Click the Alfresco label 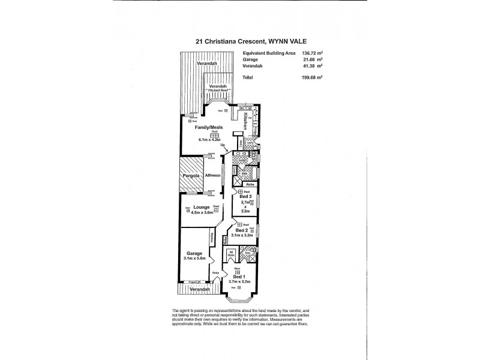213,175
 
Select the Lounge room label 201,206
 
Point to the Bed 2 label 241,230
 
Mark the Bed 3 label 244,197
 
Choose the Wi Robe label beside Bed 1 231,253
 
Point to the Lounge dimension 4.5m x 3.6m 202,211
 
